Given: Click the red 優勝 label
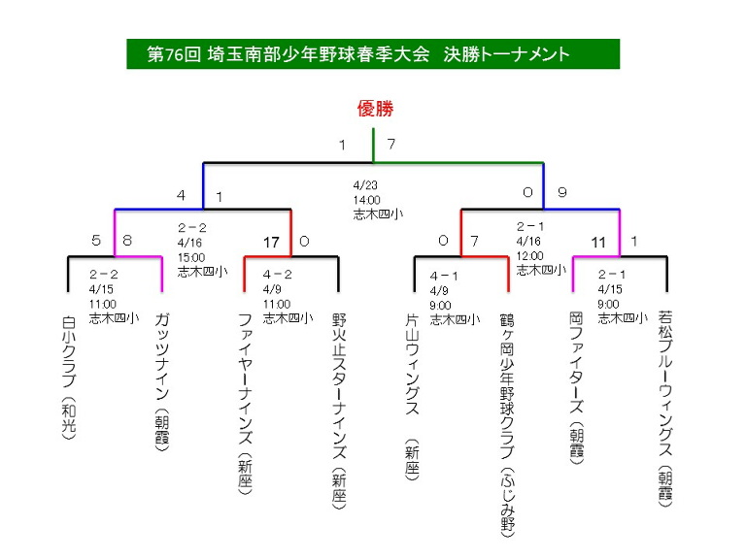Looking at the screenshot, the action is click(x=375, y=109).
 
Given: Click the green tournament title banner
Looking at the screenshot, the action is click(x=373, y=54).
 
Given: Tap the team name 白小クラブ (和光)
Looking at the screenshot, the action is click(x=69, y=378).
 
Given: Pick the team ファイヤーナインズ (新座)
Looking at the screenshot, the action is click(x=245, y=404).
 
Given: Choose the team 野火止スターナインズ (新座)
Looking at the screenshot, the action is click(x=339, y=411).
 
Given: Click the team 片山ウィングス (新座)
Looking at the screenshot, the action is click(x=412, y=396).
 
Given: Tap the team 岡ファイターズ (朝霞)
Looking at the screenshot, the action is click(x=576, y=388).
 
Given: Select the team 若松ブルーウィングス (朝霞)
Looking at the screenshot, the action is click(x=665, y=409).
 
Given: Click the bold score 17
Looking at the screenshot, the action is click(x=271, y=243).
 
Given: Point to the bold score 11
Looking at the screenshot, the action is click(x=598, y=243).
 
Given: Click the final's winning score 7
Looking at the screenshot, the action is click(x=391, y=144).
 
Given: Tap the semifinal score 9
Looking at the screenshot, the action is click(x=561, y=192).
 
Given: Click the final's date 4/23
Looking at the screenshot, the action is click(x=365, y=185).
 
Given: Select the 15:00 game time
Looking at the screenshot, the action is click(x=191, y=257).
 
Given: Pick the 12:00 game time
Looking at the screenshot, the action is click(x=529, y=256).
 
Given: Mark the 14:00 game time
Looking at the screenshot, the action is click(x=367, y=200).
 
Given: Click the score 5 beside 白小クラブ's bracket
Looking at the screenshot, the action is click(x=96, y=240).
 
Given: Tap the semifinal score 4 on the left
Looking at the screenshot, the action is click(x=181, y=195).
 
